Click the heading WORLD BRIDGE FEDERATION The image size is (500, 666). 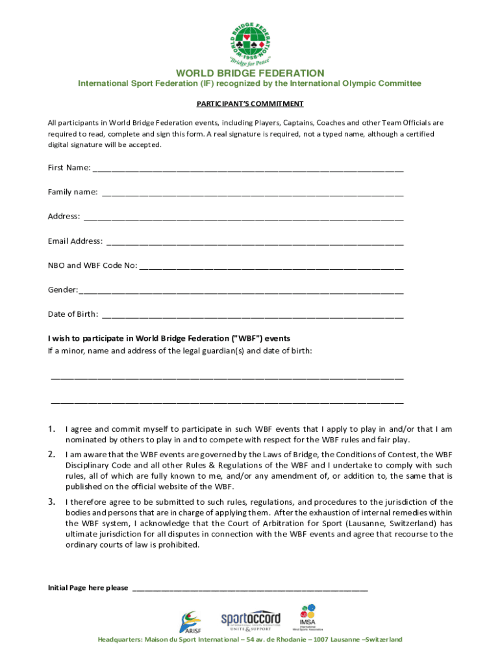(250, 73)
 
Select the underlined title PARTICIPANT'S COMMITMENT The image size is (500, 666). (250, 103)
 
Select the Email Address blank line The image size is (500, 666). (255, 243)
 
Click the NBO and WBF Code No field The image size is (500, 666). (271, 267)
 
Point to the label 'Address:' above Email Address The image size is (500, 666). (64, 216)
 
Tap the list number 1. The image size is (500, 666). (51, 429)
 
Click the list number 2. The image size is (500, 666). (51, 454)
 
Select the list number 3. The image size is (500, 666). (51, 501)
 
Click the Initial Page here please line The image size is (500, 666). (250, 589)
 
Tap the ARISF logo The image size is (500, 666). (190, 622)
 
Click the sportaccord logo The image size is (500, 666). (250, 620)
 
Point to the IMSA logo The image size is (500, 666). (307, 618)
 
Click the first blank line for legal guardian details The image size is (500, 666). (227, 377)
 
